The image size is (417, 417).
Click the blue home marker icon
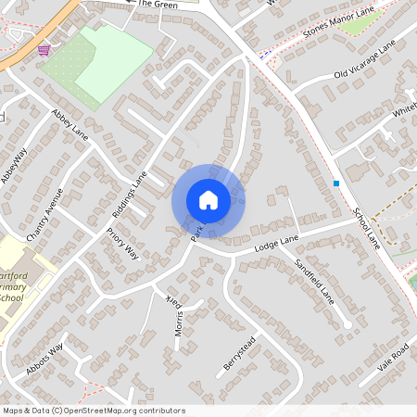pyautogui.click(x=208, y=200)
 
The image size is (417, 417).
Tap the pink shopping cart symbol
pyautogui.click(x=44, y=49)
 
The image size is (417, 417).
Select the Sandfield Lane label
pyautogui.click(x=314, y=283)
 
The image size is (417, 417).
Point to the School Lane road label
pyautogui.click(x=367, y=226)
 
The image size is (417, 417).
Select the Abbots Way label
pyautogui.click(x=44, y=358)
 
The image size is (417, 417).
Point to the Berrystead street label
pyautogui.click(x=239, y=355)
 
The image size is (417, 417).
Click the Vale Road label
pyautogui.click(x=393, y=357)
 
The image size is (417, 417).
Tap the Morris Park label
pyautogui.click(x=176, y=315)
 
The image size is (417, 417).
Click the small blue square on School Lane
pyautogui.click(x=336, y=183)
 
